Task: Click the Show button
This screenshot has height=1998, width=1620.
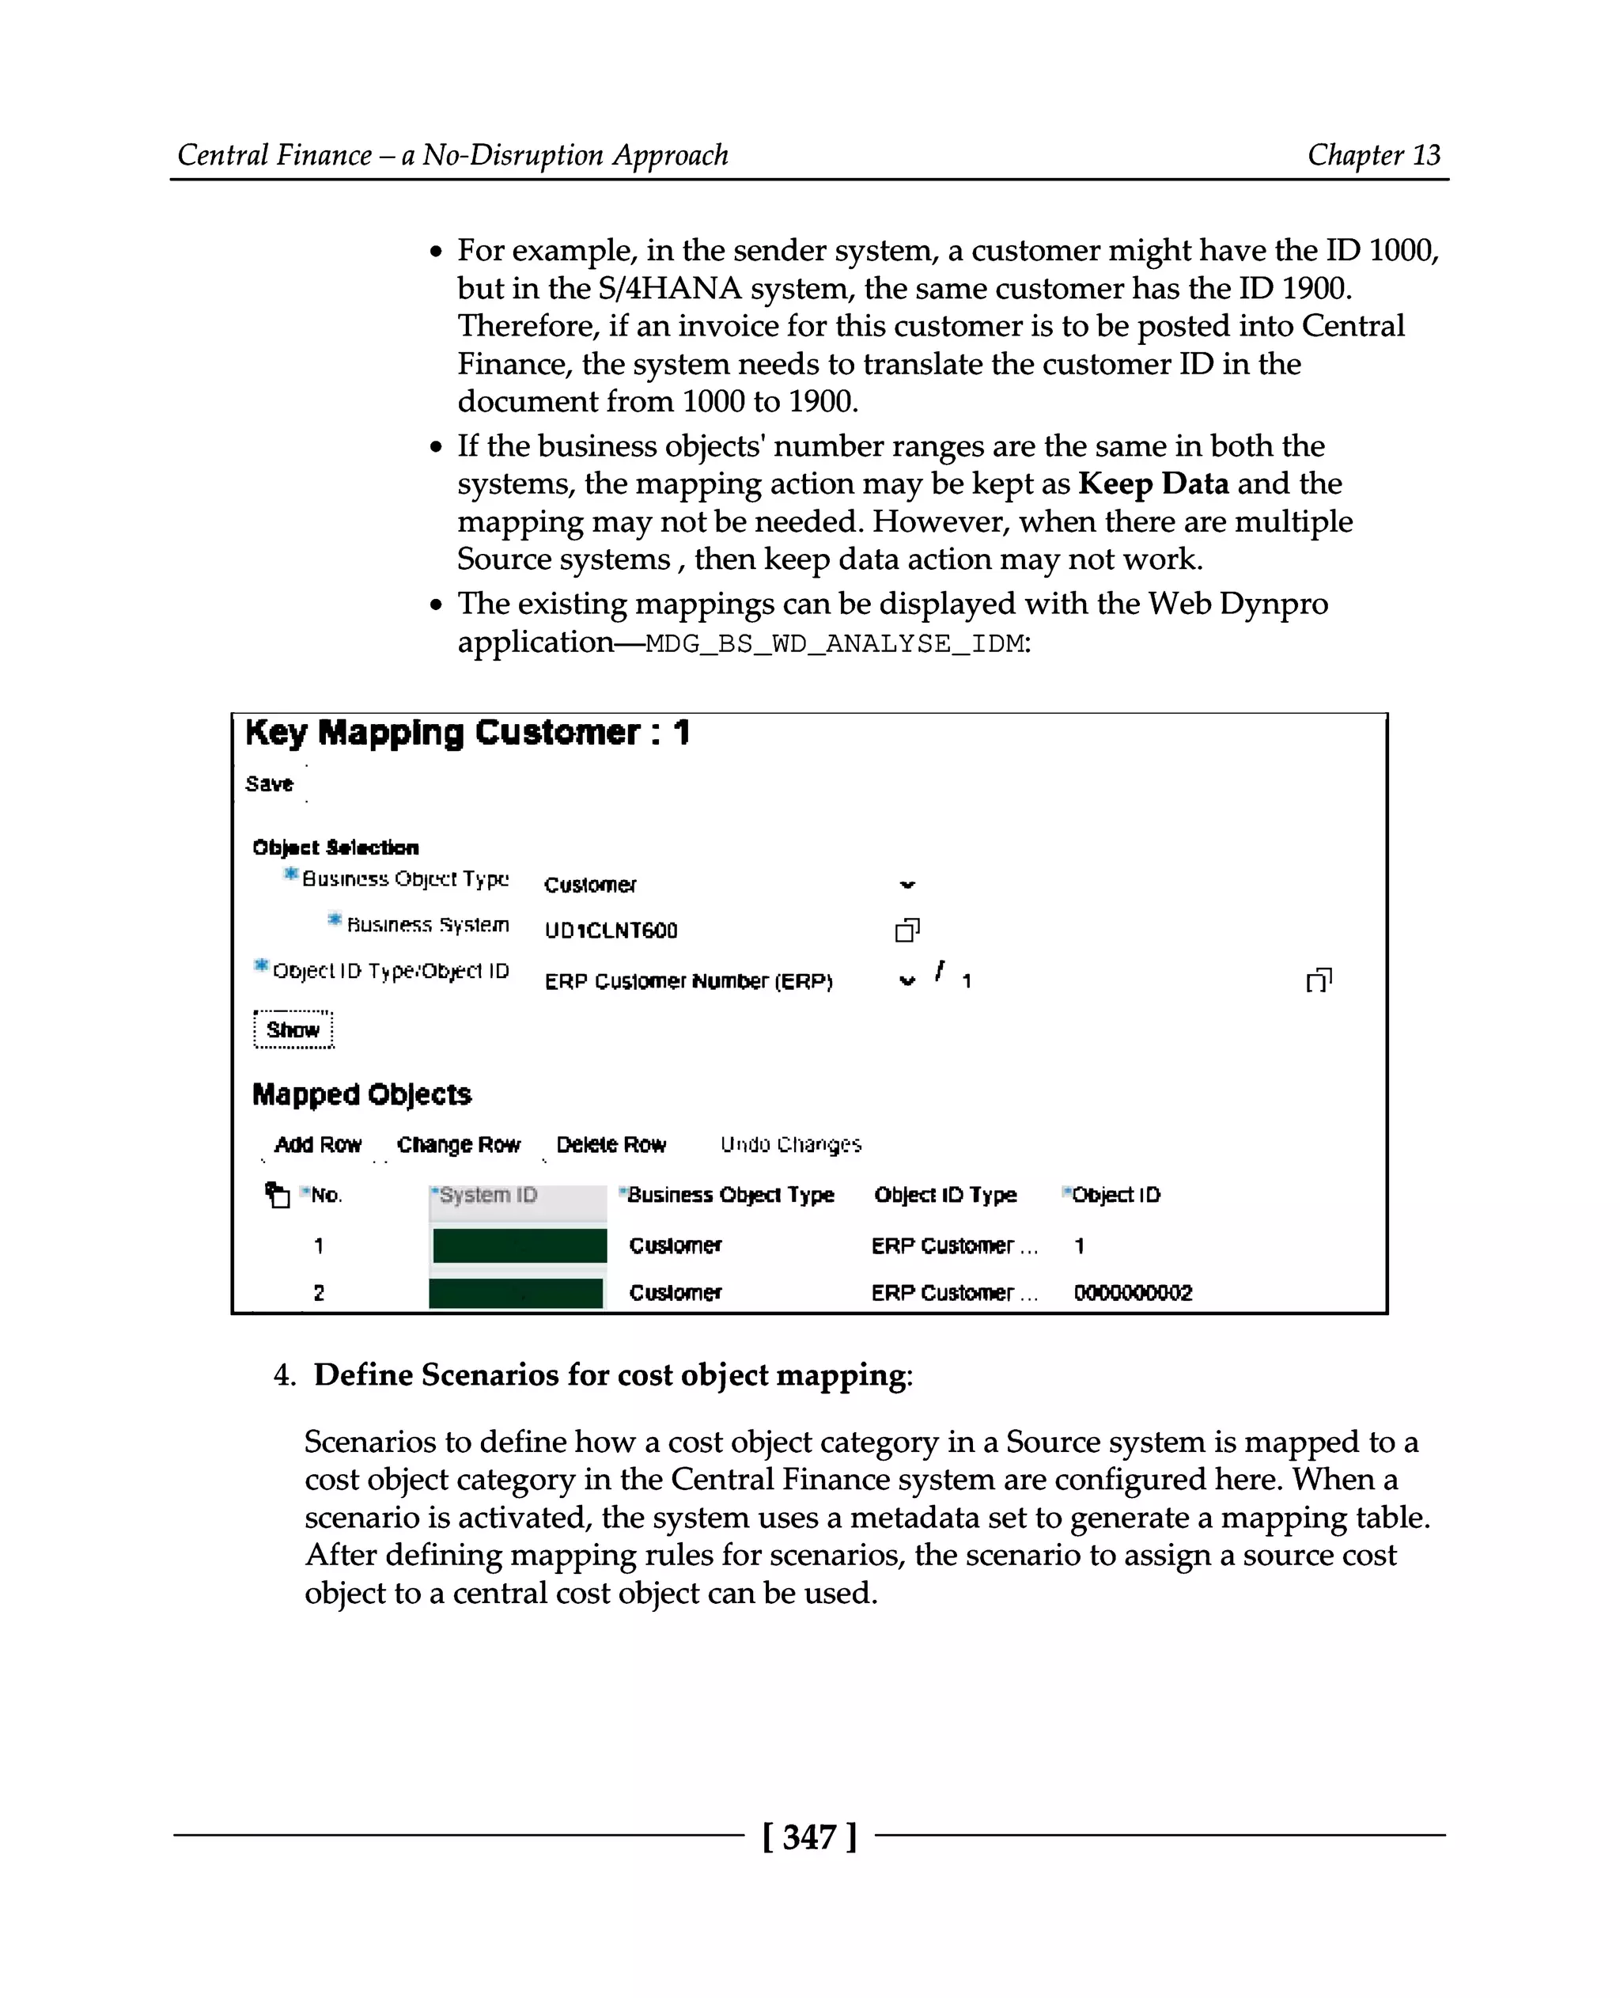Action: (293, 1029)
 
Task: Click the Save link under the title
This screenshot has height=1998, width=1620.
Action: (269, 783)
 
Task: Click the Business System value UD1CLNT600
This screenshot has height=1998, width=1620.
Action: (611, 930)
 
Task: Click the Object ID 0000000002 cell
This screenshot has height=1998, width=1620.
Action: (1133, 1292)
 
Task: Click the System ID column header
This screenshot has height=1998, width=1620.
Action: (488, 1194)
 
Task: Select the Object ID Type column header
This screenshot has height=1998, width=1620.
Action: (945, 1194)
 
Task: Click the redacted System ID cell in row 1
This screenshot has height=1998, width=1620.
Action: (520, 1245)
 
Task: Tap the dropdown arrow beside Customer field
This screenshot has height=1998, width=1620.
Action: (907, 884)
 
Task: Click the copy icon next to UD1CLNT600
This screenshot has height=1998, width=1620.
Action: (907, 930)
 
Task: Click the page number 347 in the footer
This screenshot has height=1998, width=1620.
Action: (809, 1837)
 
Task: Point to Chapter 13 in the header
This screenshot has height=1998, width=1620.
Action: (1374, 154)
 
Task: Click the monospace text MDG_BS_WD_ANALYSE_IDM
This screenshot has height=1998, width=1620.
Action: (835, 643)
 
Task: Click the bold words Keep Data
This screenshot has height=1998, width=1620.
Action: (1153, 483)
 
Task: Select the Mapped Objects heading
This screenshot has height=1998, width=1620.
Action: (362, 1094)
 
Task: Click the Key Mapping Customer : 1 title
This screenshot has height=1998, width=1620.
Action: (467, 733)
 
